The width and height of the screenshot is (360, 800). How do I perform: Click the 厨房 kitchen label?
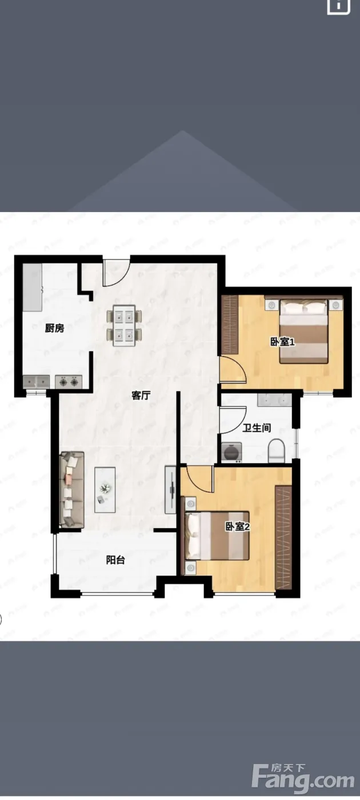click(55, 328)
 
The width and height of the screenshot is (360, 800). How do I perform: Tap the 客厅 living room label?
click(141, 395)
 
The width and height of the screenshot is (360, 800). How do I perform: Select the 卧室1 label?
click(282, 342)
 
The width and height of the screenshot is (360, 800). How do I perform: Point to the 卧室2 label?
click(237, 526)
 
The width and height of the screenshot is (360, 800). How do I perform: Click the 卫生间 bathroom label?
click(257, 427)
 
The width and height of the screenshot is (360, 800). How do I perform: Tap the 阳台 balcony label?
click(115, 559)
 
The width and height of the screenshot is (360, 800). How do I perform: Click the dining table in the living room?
click(125, 325)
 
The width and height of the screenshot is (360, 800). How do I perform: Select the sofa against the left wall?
click(72, 490)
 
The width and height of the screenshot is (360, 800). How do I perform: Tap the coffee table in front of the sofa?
click(105, 490)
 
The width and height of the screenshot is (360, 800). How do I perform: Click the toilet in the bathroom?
click(276, 451)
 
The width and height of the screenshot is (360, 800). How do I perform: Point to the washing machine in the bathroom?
click(231, 453)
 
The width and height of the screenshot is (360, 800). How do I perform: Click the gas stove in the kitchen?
click(69, 382)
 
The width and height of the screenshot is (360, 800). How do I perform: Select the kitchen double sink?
click(36, 382)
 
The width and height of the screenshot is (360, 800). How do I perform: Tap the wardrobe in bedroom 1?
click(230, 325)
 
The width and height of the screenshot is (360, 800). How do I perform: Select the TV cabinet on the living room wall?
click(171, 490)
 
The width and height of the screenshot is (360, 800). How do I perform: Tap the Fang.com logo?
click(303, 780)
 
